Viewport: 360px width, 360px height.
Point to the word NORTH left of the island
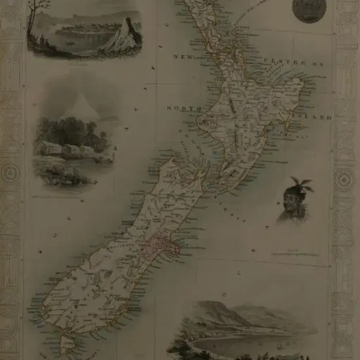tap(181, 107)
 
